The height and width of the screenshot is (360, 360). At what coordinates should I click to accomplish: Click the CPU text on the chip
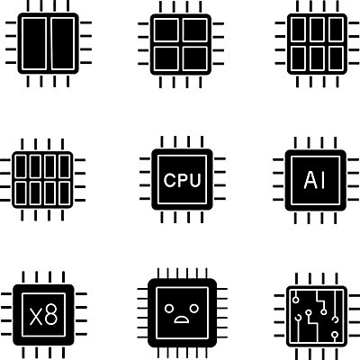[x=182, y=180]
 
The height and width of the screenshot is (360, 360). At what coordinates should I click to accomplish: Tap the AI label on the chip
[x=315, y=180]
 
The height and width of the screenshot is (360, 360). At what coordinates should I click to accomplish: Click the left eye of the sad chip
[x=169, y=308]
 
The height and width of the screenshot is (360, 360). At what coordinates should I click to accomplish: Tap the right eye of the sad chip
[x=194, y=308]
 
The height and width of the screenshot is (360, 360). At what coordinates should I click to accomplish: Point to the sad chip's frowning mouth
[x=182, y=319]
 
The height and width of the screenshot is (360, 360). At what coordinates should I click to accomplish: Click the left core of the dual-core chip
[x=34, y=43]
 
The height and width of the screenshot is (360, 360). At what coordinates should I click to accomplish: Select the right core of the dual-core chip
[x=63, y=43]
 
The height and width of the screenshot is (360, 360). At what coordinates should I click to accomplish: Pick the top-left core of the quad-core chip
[x=166, y=30]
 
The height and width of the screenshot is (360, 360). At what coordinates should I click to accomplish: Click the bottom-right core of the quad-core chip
[x=195, y=58]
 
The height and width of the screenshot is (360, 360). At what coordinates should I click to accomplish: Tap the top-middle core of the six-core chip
[x=317, y=30]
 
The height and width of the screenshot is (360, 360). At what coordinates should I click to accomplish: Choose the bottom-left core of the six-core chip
[x=299, y=58]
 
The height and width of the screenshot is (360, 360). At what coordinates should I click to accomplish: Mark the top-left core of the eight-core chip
[x=21, y=166]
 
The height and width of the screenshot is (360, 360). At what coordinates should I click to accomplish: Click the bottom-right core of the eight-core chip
[x=65, y=193]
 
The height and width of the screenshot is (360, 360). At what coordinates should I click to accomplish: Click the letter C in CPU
[x=169, y=180]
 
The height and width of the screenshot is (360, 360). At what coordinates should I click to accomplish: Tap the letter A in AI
[x=310, y=181]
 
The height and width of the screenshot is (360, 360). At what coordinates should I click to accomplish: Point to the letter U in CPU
[x=195, y=180]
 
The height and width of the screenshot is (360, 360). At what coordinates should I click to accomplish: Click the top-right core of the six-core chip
[x=336, y=30]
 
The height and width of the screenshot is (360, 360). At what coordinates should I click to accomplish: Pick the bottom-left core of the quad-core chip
[x=166, y=58]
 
